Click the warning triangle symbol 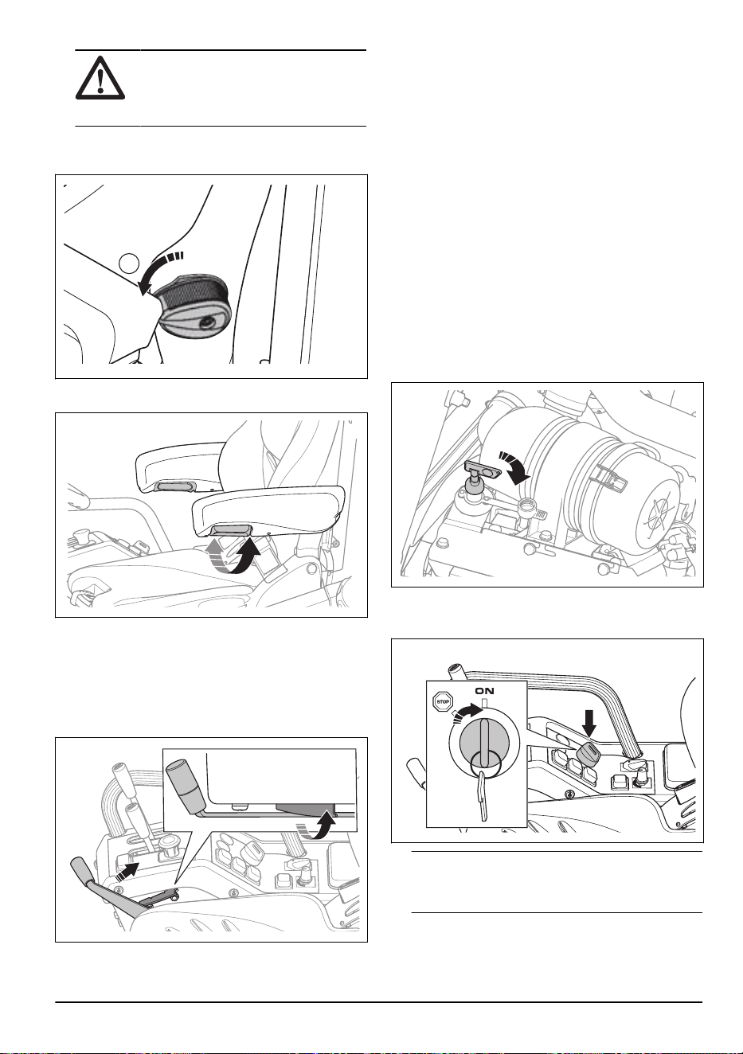coord(100,78)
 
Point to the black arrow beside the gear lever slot coord(128,869)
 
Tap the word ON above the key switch coord(484,691)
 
